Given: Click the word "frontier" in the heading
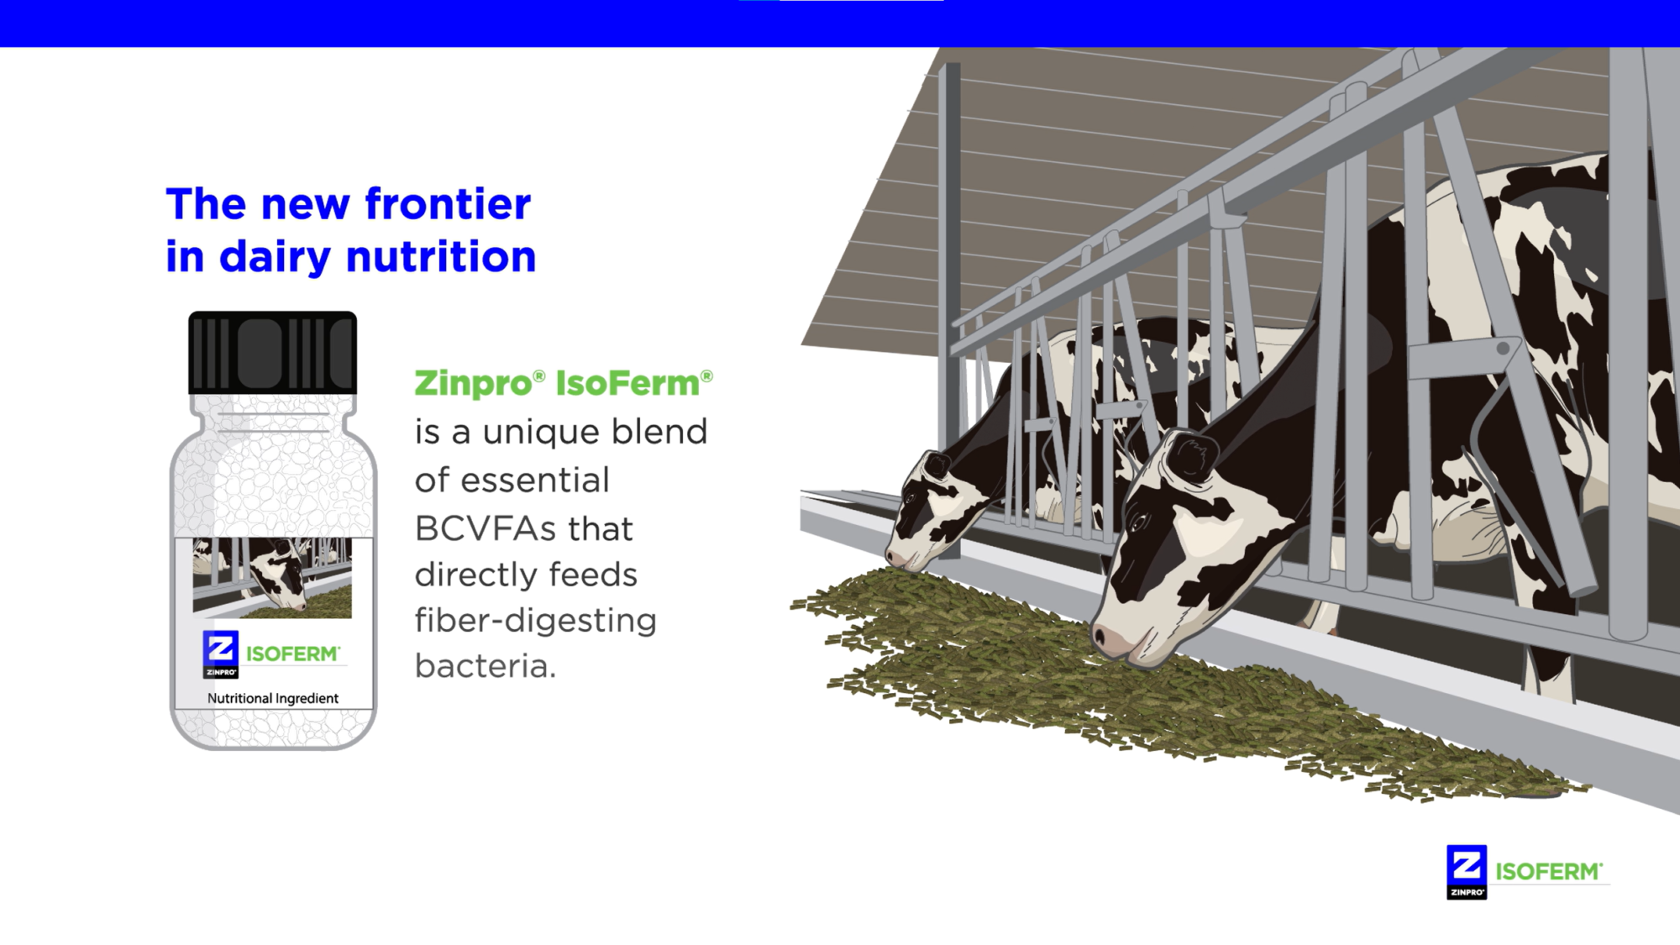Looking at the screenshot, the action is click(448, 204).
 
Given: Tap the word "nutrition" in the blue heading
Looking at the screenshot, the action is click(441, 256).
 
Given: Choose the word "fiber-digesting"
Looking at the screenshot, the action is click(536, 621).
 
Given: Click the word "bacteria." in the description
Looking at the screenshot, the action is click(486, 666).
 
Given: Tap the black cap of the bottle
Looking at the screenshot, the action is click(273, 352).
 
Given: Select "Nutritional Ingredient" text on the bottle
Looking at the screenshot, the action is click(273, 698).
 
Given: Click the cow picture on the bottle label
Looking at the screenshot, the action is click(272, 578).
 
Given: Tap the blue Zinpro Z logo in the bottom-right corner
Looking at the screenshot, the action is click(1467, 872).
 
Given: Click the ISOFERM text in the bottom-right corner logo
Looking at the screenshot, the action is click(1548, 872).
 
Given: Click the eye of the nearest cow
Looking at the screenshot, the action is click(1140, 522).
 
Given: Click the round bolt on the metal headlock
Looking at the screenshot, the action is click(1503, 348).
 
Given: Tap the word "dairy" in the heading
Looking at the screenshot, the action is click(275, 257).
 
